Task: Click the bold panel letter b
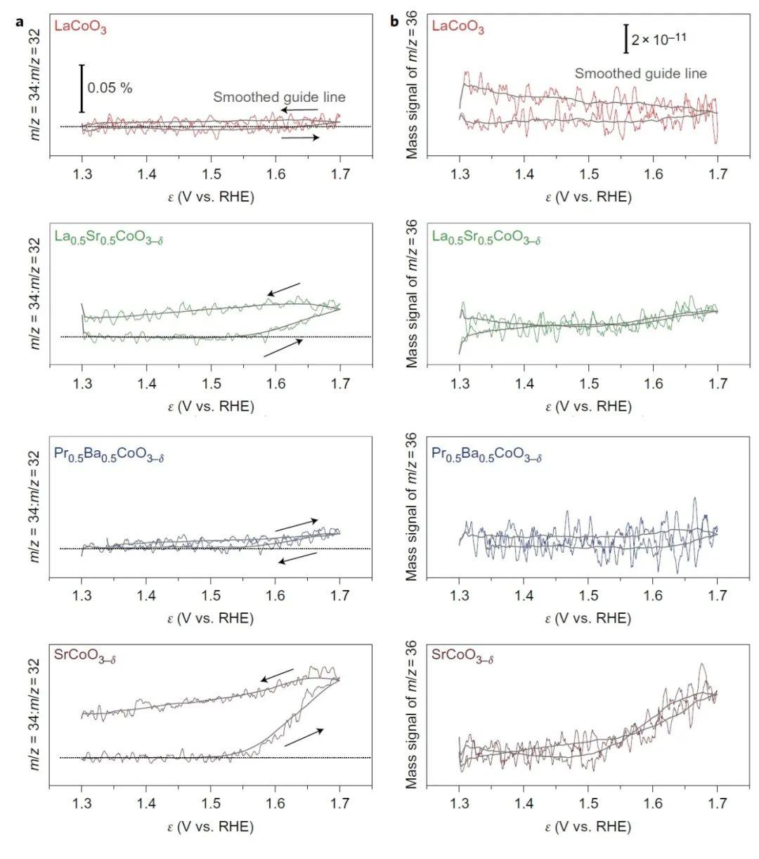click(394, 21)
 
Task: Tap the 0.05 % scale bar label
click(110, 88)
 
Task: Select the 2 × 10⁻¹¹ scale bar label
click(659, 39)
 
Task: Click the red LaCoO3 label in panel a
click(81, 29)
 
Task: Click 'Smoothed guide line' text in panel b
click(641, 73)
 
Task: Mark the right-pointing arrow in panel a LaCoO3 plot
click(300, 138)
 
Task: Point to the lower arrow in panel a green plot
click(283, 348)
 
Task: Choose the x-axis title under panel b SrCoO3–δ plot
click(589, 827)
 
